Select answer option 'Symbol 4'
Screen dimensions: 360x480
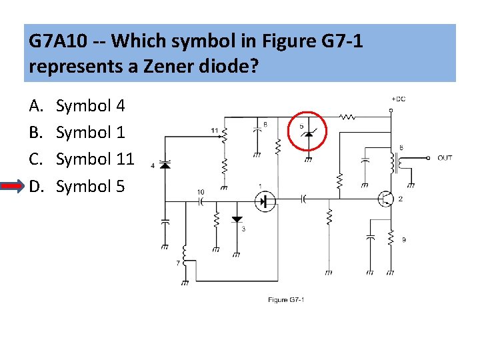click(x=90, y=106)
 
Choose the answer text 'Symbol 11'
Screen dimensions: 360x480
click(x=95, y=159)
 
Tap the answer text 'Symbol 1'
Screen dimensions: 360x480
click(x=90, y=133)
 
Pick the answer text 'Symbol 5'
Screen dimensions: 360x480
click(x=90, y=186)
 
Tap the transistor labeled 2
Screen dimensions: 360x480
click(x=385, y=198)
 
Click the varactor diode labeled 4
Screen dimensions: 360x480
click(x=164, y=164)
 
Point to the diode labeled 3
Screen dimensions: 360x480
click(x=237, y=219)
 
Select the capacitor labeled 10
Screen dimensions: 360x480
click(x=201, y=202)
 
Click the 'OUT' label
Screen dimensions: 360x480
click(x=445, y=158)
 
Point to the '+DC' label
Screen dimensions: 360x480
click(x=398, y=99)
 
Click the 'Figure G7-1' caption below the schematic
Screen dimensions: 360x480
click(x=286, y=300)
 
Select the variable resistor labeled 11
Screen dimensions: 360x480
click(x=225, y=133)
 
